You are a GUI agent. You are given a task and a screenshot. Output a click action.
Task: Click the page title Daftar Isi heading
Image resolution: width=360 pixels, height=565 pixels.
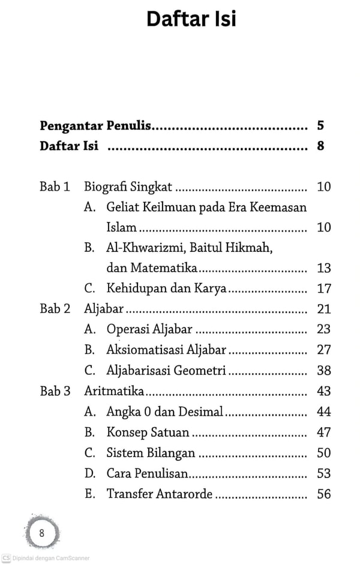(x=191, y=19)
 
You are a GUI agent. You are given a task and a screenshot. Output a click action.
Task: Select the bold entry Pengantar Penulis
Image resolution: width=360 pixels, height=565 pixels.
(x=95, y=126)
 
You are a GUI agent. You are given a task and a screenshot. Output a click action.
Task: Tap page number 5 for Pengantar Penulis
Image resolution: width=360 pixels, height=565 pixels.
(x=321, y=126)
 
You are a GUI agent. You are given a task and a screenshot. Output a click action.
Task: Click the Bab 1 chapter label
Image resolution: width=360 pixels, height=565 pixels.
(x=55, y=187)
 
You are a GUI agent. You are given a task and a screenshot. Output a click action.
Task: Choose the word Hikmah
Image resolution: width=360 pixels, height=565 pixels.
(x=251, y=247)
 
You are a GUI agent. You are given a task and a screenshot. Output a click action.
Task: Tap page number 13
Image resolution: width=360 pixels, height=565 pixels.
(x=324, y=268)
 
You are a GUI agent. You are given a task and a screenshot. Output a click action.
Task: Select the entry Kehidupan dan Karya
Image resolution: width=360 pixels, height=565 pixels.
(x=166, y=288)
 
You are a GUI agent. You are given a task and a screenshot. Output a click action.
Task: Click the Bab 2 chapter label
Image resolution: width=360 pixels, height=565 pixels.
(x=55, y=309)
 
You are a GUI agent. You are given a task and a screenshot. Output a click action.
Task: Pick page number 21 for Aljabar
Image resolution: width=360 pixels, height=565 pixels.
(x=324, y=309)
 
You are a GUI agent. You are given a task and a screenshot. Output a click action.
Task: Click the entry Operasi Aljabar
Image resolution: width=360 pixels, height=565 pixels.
(x=149, y=329)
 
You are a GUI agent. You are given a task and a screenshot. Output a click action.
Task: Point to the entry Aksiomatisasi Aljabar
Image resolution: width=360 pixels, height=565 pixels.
(x=166, y=350)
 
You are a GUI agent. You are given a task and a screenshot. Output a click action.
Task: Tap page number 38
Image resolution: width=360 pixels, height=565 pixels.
(x=324, y=370)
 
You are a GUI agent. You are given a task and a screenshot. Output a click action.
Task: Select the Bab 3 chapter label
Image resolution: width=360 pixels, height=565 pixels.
(x=55, y=391)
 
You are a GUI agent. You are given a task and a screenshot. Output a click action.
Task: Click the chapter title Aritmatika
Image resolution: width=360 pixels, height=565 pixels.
(x=114, y=391)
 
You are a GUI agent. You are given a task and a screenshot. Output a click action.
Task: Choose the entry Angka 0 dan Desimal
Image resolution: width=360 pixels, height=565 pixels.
(x=164, y=411)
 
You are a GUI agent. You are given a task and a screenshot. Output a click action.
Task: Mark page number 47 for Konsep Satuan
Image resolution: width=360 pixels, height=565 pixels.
(x=324, y=432)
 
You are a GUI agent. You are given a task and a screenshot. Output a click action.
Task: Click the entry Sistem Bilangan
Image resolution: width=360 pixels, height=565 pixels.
(x=151, y=453)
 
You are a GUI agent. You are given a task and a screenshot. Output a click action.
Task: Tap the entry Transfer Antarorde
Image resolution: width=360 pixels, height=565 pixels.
(x=160, y=494)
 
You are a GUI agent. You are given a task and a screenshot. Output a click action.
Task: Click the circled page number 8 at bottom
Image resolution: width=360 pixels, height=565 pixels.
(x=41, y=533)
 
